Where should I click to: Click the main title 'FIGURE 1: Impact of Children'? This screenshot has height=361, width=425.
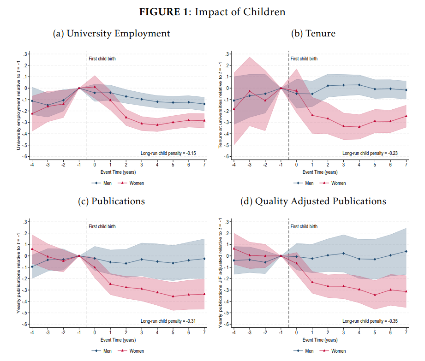[x=212, y=12]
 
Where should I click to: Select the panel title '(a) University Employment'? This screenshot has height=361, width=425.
[x=111, y=34]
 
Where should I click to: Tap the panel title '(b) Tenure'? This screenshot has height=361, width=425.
[x=313, y=34]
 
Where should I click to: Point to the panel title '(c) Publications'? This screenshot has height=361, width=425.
[x=111, y=201]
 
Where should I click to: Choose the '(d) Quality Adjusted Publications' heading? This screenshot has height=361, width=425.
[x=313, y=201]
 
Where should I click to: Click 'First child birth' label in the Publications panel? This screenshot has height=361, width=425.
[x=102, y=226]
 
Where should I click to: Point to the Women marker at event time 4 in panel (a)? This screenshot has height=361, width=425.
[x=157, y=125]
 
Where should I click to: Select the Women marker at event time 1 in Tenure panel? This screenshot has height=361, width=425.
[x=312, y=115]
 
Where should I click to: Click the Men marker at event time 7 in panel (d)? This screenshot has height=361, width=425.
[x=406, y=251]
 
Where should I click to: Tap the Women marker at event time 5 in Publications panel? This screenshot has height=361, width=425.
[x=173, y=296]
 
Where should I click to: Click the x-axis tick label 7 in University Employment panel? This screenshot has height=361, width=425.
[x=204, y=165]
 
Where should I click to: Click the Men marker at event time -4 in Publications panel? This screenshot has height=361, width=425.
[x=32, y=267]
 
